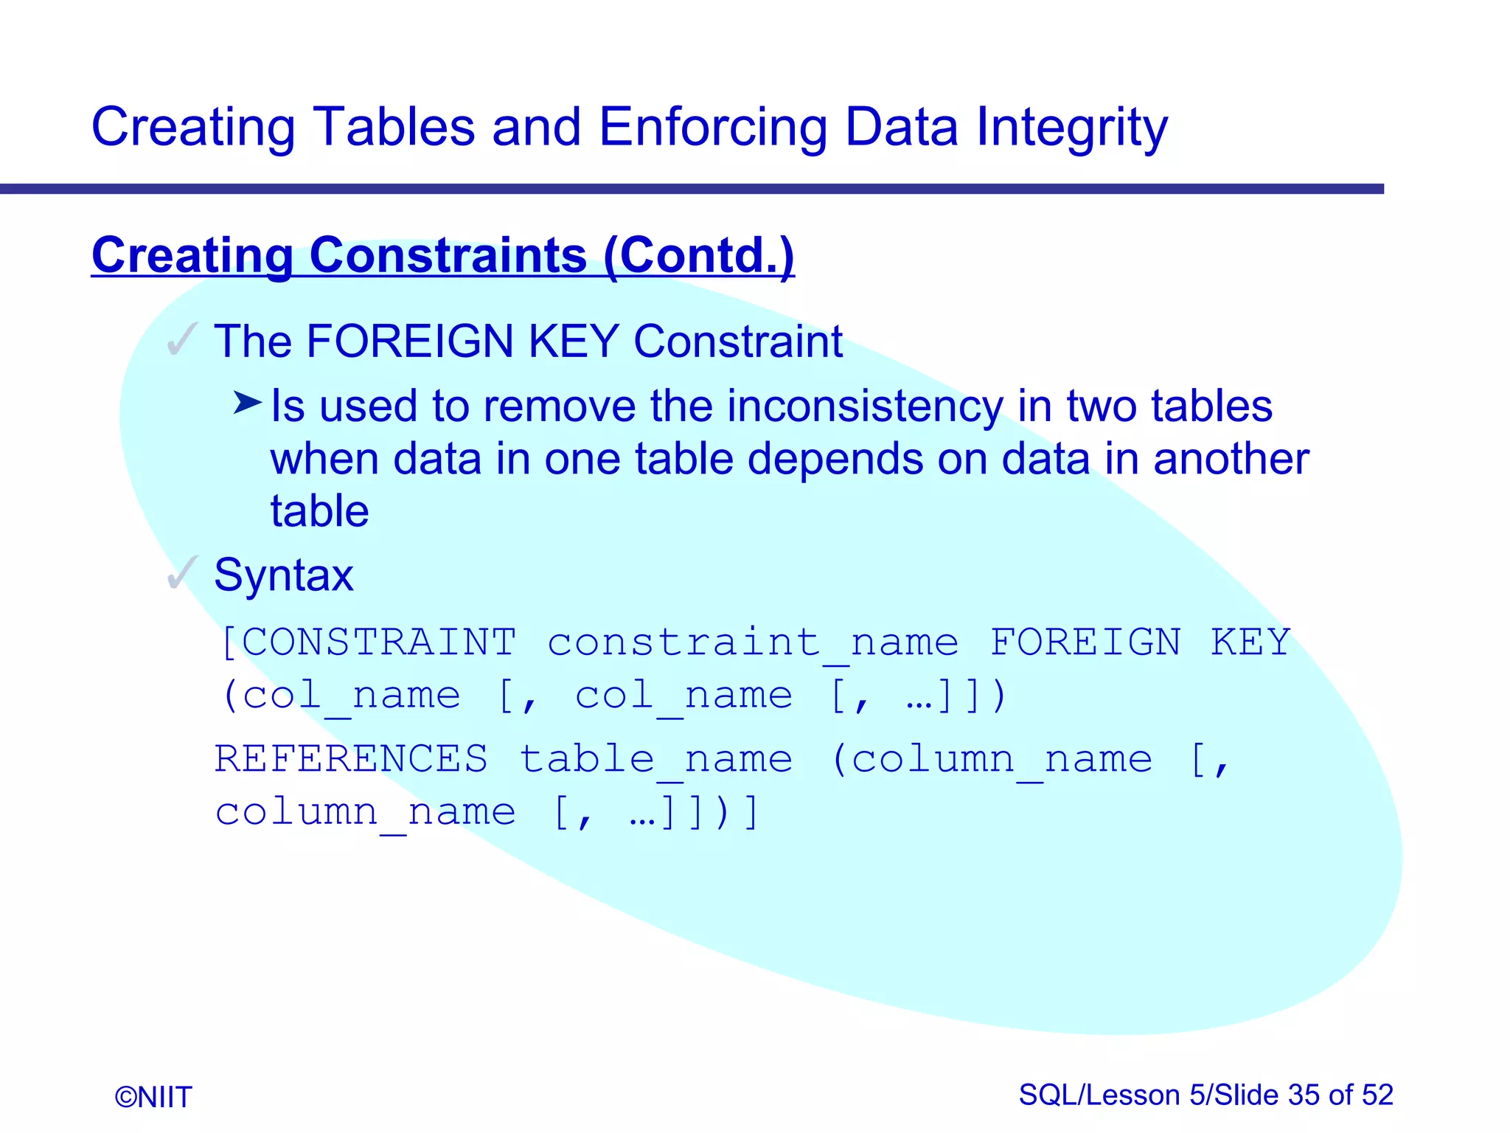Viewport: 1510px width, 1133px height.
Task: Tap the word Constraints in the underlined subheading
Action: point(448,255)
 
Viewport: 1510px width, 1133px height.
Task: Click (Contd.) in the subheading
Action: point(698,255)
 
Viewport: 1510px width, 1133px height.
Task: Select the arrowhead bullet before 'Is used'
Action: point(247,403)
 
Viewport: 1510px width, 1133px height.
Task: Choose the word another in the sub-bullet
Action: point(1231,459)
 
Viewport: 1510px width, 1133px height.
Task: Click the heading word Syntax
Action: point(284,575)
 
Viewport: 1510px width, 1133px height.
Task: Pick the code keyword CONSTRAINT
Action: point(379,642)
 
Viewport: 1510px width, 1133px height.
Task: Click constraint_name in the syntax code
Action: point(753,642)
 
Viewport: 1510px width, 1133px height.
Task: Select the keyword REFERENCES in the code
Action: point(351,758)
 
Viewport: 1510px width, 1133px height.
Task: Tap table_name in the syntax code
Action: point(656,758)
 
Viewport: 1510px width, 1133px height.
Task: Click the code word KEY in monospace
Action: point(1250,642)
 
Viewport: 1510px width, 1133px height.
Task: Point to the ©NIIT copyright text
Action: point(153,1097)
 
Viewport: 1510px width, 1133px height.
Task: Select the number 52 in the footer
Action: point(1377,1095)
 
